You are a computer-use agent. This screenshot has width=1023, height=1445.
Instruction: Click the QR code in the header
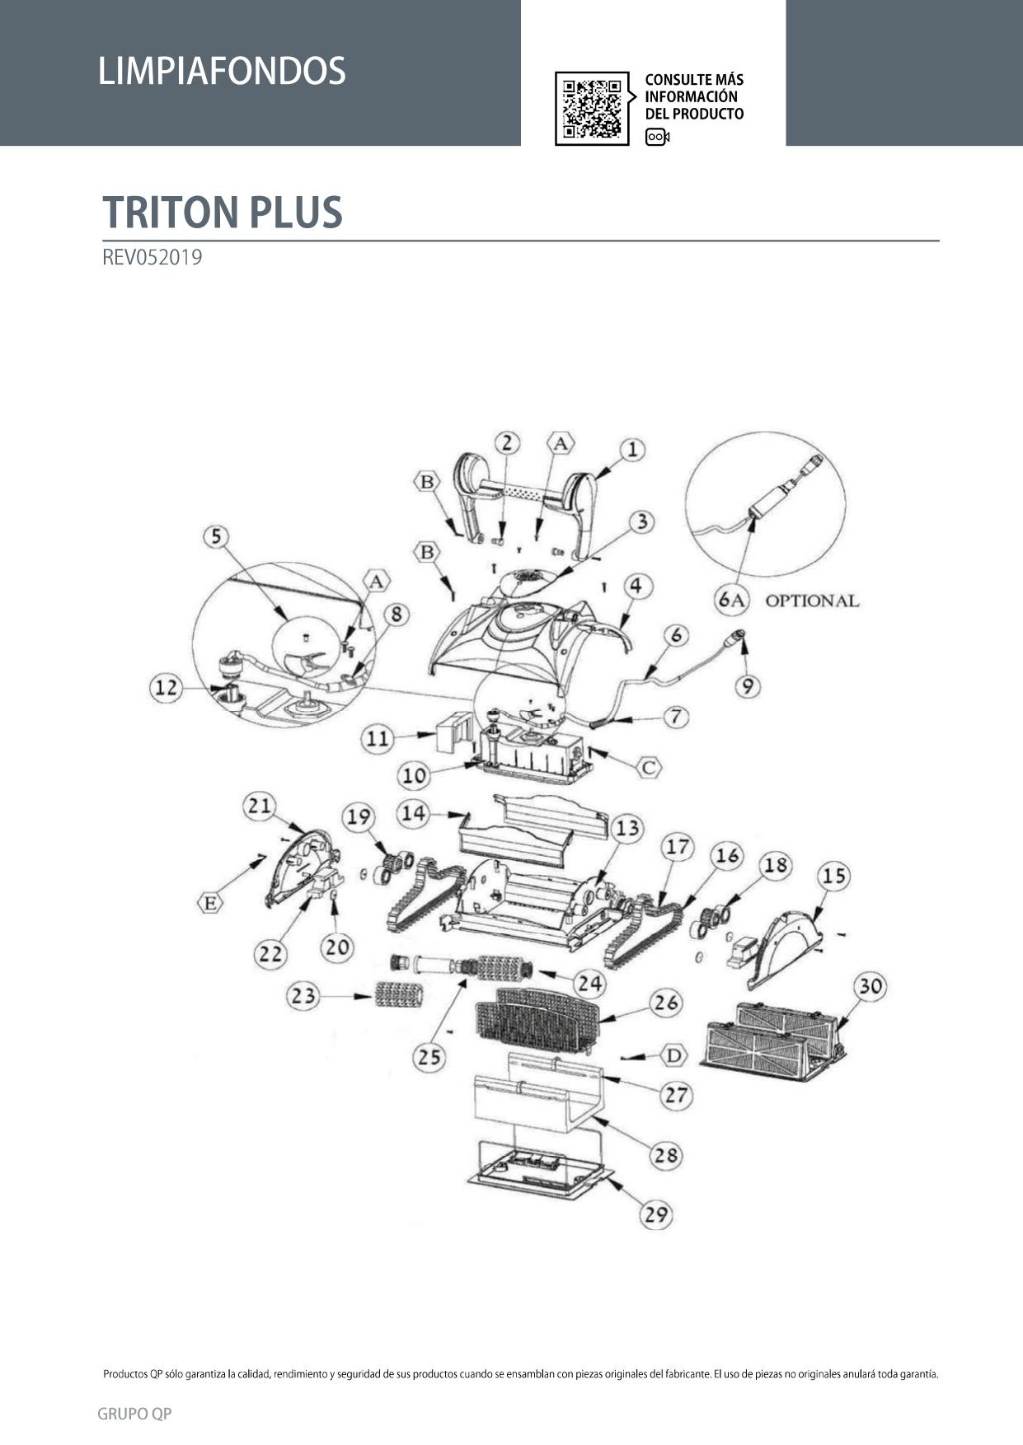coord(592,108)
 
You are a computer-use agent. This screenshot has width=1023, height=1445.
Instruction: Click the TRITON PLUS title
coord(223,212)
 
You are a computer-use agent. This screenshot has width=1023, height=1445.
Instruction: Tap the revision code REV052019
coord(153,257)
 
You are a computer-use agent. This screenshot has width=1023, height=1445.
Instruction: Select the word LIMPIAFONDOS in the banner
coord(222,71)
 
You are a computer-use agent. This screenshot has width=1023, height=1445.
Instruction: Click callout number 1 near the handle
coord(632,450)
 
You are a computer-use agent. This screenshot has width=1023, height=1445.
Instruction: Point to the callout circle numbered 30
coord(870,986)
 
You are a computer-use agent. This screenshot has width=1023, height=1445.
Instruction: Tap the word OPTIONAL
coord(812,601)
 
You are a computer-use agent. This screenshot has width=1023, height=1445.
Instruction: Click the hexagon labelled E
coord(211,903)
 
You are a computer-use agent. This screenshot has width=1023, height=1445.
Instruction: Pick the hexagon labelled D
coord(673,1055)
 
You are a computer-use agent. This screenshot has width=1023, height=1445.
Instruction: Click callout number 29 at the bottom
coord(656,1214)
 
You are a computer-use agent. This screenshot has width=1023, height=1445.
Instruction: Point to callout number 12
coord(166,687)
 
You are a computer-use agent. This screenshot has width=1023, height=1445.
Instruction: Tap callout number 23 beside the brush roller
coord(303,996)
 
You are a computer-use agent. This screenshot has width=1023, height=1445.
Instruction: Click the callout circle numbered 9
coord(747,686)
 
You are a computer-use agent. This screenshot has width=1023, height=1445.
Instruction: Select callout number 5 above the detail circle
coord(216,536)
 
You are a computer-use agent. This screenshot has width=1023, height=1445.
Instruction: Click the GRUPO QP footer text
coord(134,1414)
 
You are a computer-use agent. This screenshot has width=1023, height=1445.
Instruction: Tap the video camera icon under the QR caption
coord(657,137)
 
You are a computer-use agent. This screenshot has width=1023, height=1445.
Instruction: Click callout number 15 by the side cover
coord(833,875)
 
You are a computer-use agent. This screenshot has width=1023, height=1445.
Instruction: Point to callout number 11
coord(377,739)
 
